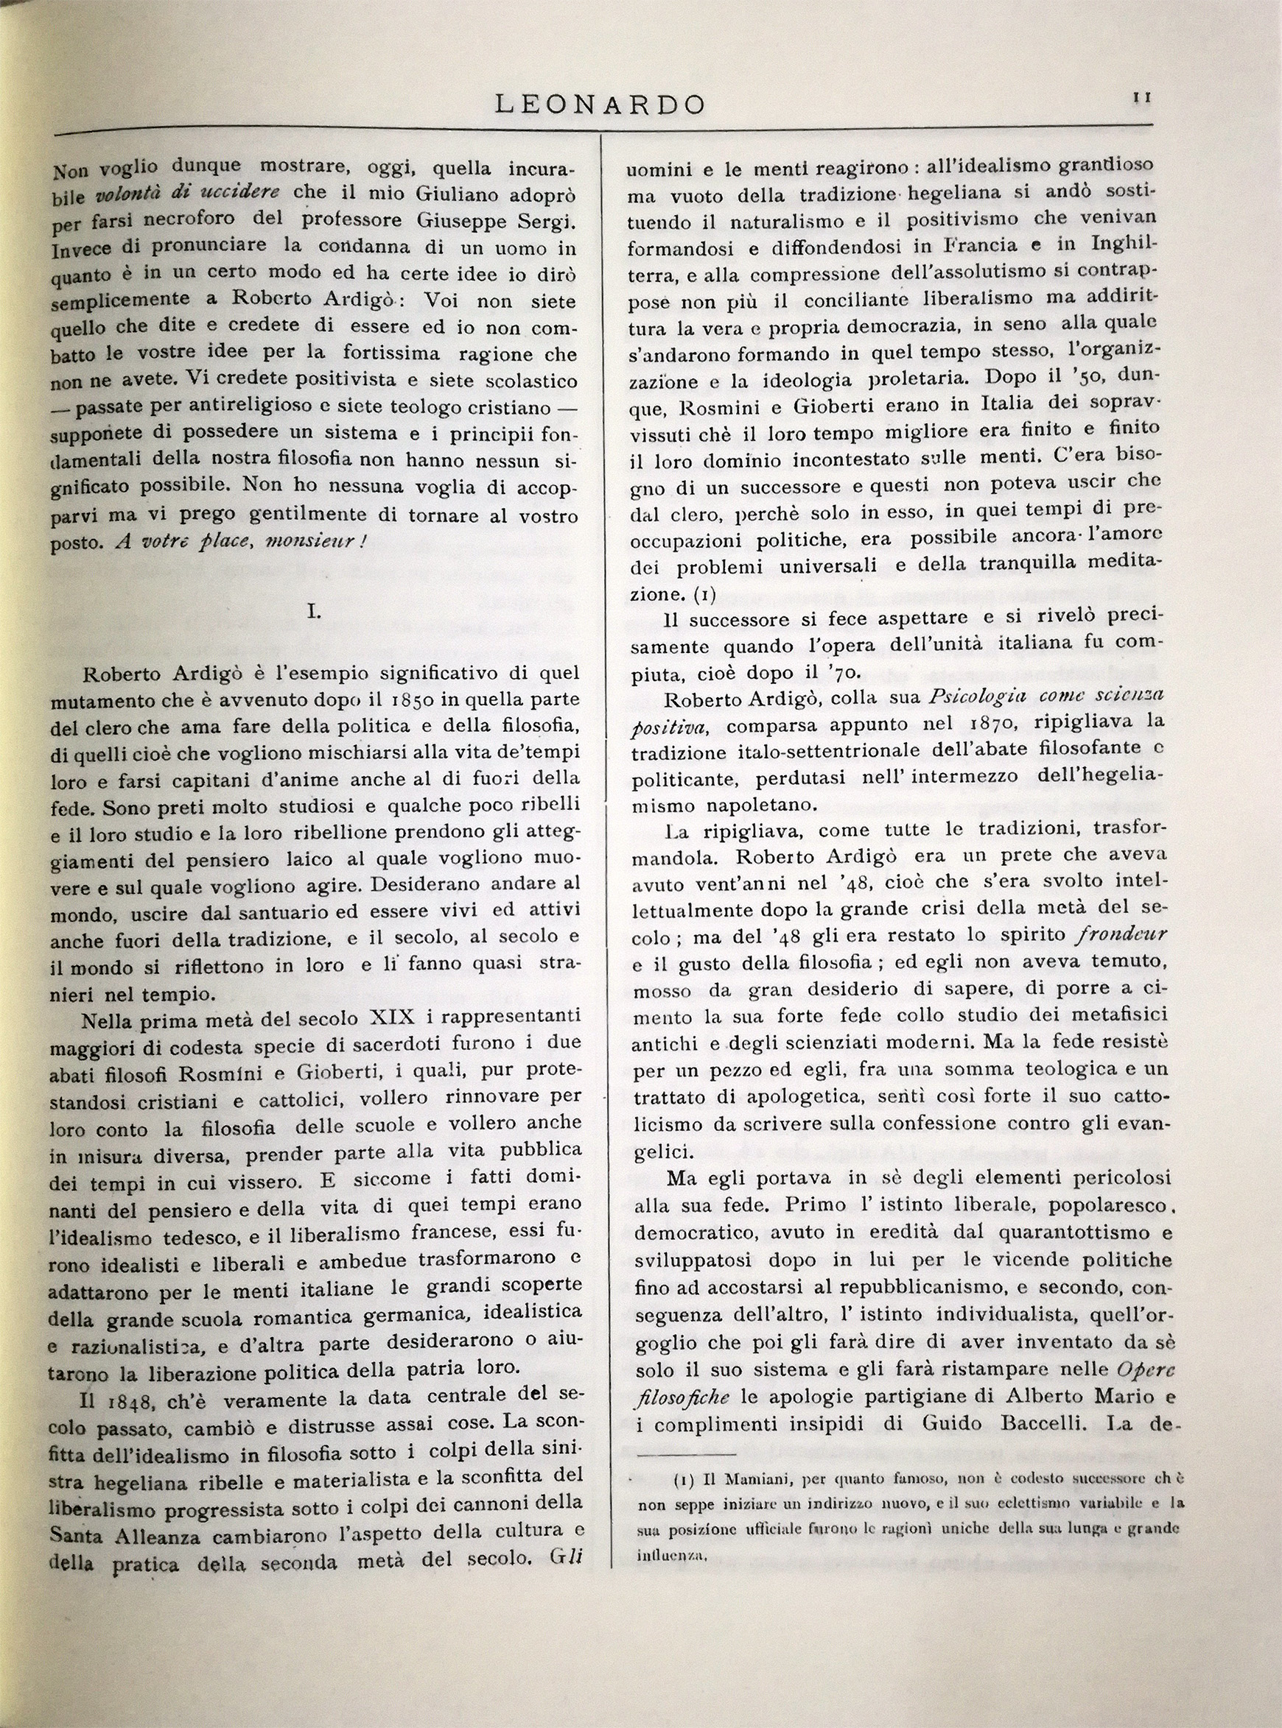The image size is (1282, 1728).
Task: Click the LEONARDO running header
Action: (x=600, y=104)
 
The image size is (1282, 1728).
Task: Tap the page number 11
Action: (x=1141, y=97)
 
